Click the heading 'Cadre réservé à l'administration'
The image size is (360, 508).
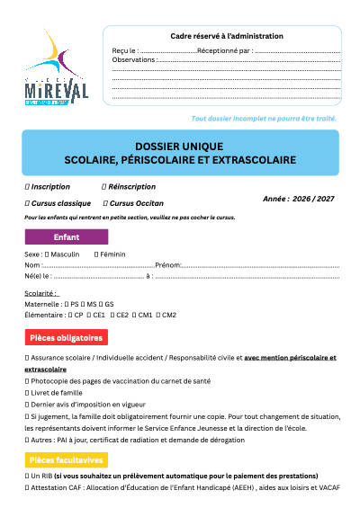pyautogui.click(x=227, y=36)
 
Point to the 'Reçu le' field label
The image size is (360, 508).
pyautogui.click(x=125, y=50)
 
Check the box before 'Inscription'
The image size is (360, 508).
pyautogui.click(x=26, y=186)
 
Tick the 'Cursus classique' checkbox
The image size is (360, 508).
pyautogui.click(x=26, y=204)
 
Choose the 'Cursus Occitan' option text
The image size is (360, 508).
pyautogui.click(x=139, y=204)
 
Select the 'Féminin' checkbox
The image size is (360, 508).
pyautogui.click(x=94, y=255)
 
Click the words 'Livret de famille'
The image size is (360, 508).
pyautogui.click(x=59, y=393)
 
